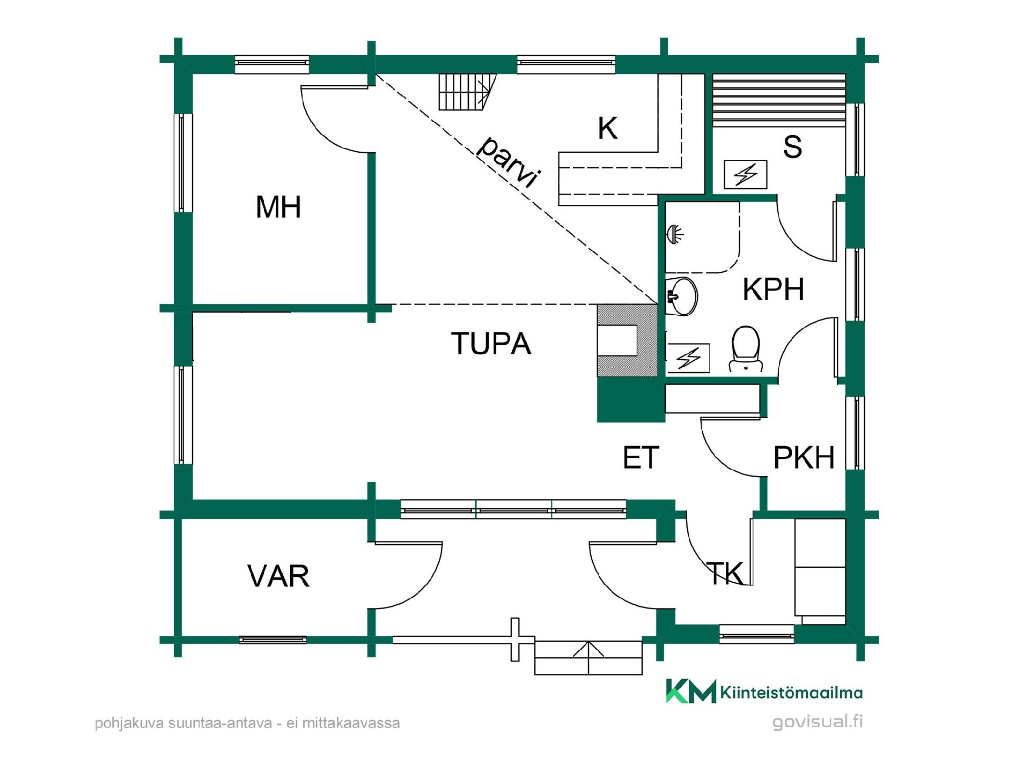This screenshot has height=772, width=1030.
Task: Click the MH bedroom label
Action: (278, 207)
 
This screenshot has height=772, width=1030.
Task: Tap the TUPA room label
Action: (491, 343)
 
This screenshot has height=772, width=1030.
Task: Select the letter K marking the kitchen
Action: (607, 129)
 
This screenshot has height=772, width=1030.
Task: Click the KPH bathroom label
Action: (773, 289)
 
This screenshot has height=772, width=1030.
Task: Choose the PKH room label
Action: (804, 458)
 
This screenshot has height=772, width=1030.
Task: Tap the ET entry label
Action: (641, 458)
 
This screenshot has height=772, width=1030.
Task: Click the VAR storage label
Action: (278, 576)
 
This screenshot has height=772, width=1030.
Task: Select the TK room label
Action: (725, 573)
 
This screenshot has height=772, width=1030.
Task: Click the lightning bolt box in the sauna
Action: (745, 175)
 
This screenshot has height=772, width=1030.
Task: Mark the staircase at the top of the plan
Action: (465, 92)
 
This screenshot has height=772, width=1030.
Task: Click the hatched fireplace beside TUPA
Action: (627, 340)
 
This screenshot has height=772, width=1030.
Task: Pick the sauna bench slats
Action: (778, 100)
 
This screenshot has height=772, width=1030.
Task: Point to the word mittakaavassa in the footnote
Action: (351, 723)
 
